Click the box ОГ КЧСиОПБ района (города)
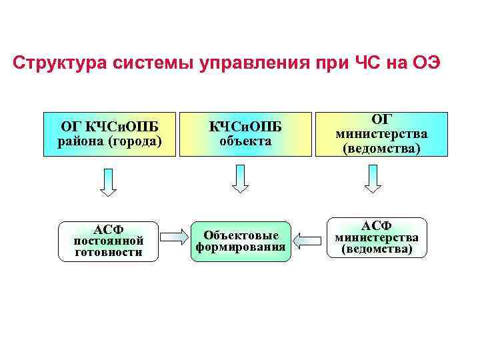[109, 133]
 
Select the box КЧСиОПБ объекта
[245, 133]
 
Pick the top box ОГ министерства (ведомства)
[381, 133]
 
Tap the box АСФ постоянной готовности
[109, 241]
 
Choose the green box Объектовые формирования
[241, 241]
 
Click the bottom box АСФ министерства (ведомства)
[377, 237]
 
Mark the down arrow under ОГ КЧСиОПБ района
[108, 181]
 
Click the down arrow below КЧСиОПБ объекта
[241, 179]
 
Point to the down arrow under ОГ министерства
[373, 179]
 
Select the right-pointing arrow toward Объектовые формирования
[174, 236]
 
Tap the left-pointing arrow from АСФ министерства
[308, 238]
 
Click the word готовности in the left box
[109, 253]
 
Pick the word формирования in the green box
[241, 247]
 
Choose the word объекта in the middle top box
[245, 141]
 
